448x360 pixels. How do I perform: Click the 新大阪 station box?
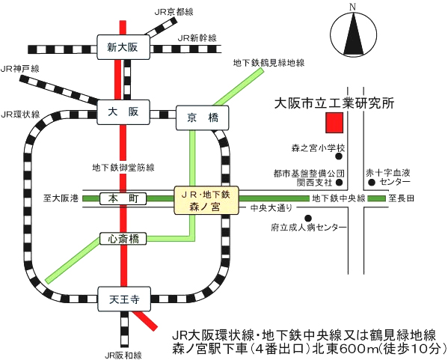[x=123, y=47]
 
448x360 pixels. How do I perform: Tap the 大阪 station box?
[x=123, y=112]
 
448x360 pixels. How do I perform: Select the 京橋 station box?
[x=202, y=118]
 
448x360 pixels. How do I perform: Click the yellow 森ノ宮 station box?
[x=206, y=200]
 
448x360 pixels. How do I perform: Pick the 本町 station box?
[x=123, y=198]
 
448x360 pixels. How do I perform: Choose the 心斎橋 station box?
[x=123, y=239]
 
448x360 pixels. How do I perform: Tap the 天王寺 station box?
[x=124, y=299]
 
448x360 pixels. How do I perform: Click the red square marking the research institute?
[x=334, y=123]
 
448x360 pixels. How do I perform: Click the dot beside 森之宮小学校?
[x=339, y=156]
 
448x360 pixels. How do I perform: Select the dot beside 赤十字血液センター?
[x=372, y=182]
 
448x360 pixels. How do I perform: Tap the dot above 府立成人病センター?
[x=308, y=219]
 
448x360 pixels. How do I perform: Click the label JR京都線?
[x=174, y=12]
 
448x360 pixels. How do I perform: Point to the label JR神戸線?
[x=20, y=69]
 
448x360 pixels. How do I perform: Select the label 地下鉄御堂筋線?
[x=123, y=167]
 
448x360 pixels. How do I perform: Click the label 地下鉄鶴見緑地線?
[x=269, y=63]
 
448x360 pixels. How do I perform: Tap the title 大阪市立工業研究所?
[x=334, y=103]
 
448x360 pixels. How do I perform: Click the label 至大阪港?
[x=61, y=198]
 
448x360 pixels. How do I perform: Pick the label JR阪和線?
[x=123, y=356]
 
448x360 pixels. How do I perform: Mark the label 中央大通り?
[x=271, y=208]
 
